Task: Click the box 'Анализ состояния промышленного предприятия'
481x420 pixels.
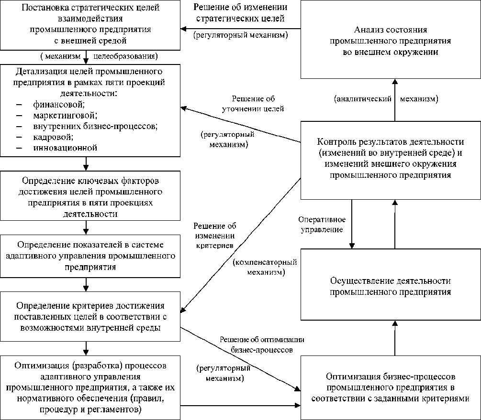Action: (x=390, y=40)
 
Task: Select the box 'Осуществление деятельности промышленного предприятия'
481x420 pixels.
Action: (x=390, y=286)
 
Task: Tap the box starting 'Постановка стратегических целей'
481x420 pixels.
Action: (x=90, y=25)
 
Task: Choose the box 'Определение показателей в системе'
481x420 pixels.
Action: (x=90, y=256)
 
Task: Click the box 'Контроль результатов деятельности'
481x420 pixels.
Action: (x=390, y=159)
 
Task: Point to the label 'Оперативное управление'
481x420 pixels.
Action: (x=321, y=225)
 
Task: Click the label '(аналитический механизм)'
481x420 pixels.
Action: (x=386, y=99)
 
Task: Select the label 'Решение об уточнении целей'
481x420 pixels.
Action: (x=254, y=104)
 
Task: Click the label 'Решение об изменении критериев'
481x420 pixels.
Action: (x=215, y=236)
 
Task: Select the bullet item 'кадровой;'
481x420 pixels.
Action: (x=53, y=137)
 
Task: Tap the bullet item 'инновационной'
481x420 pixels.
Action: (x=66, y=148)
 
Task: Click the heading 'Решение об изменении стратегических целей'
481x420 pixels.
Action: (x=240, y=13)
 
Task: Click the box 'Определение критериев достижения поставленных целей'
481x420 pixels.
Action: (x=90, y=316)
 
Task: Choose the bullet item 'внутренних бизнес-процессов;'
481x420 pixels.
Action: (x=95, y=126)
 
